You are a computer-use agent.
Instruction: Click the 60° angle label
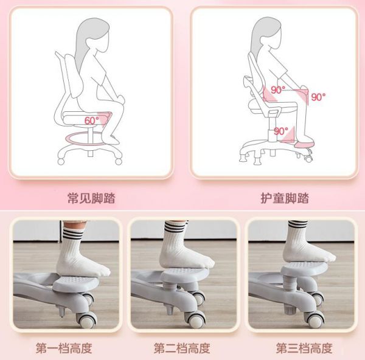tap(91, 120)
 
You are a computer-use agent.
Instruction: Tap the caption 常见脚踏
tap(91, 198)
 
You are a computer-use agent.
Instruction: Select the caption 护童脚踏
tap(285, 198)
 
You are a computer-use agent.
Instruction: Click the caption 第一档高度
tap(64, 348)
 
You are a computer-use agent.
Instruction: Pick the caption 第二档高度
tap(182, 348)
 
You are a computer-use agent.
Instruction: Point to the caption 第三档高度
tap(304, 348)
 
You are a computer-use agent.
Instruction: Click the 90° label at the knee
tap(318, 97)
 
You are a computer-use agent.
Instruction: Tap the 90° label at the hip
tap(278, 90)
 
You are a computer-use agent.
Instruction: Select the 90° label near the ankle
tap(280, 131)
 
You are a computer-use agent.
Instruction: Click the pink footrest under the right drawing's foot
tap(304, 142)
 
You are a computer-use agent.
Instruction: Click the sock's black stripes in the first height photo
tap(73, 234)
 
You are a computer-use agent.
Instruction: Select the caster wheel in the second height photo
tap(195, 319)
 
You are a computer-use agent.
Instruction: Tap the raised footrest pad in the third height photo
tap(304, 269)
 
